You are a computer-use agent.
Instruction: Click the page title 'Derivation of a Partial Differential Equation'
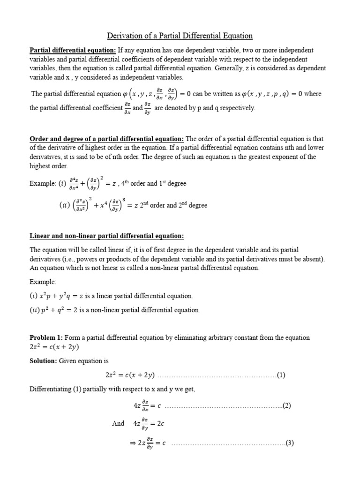tap(180, 36)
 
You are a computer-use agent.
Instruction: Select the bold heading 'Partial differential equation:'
tap(73, 50)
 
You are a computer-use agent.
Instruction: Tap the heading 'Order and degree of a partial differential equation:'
tap(107, 139)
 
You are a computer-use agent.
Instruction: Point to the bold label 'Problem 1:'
tap(46, 337)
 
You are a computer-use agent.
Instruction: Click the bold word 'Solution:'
tap(43, 361)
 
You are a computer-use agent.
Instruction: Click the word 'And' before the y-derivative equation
tap(118, 423)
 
